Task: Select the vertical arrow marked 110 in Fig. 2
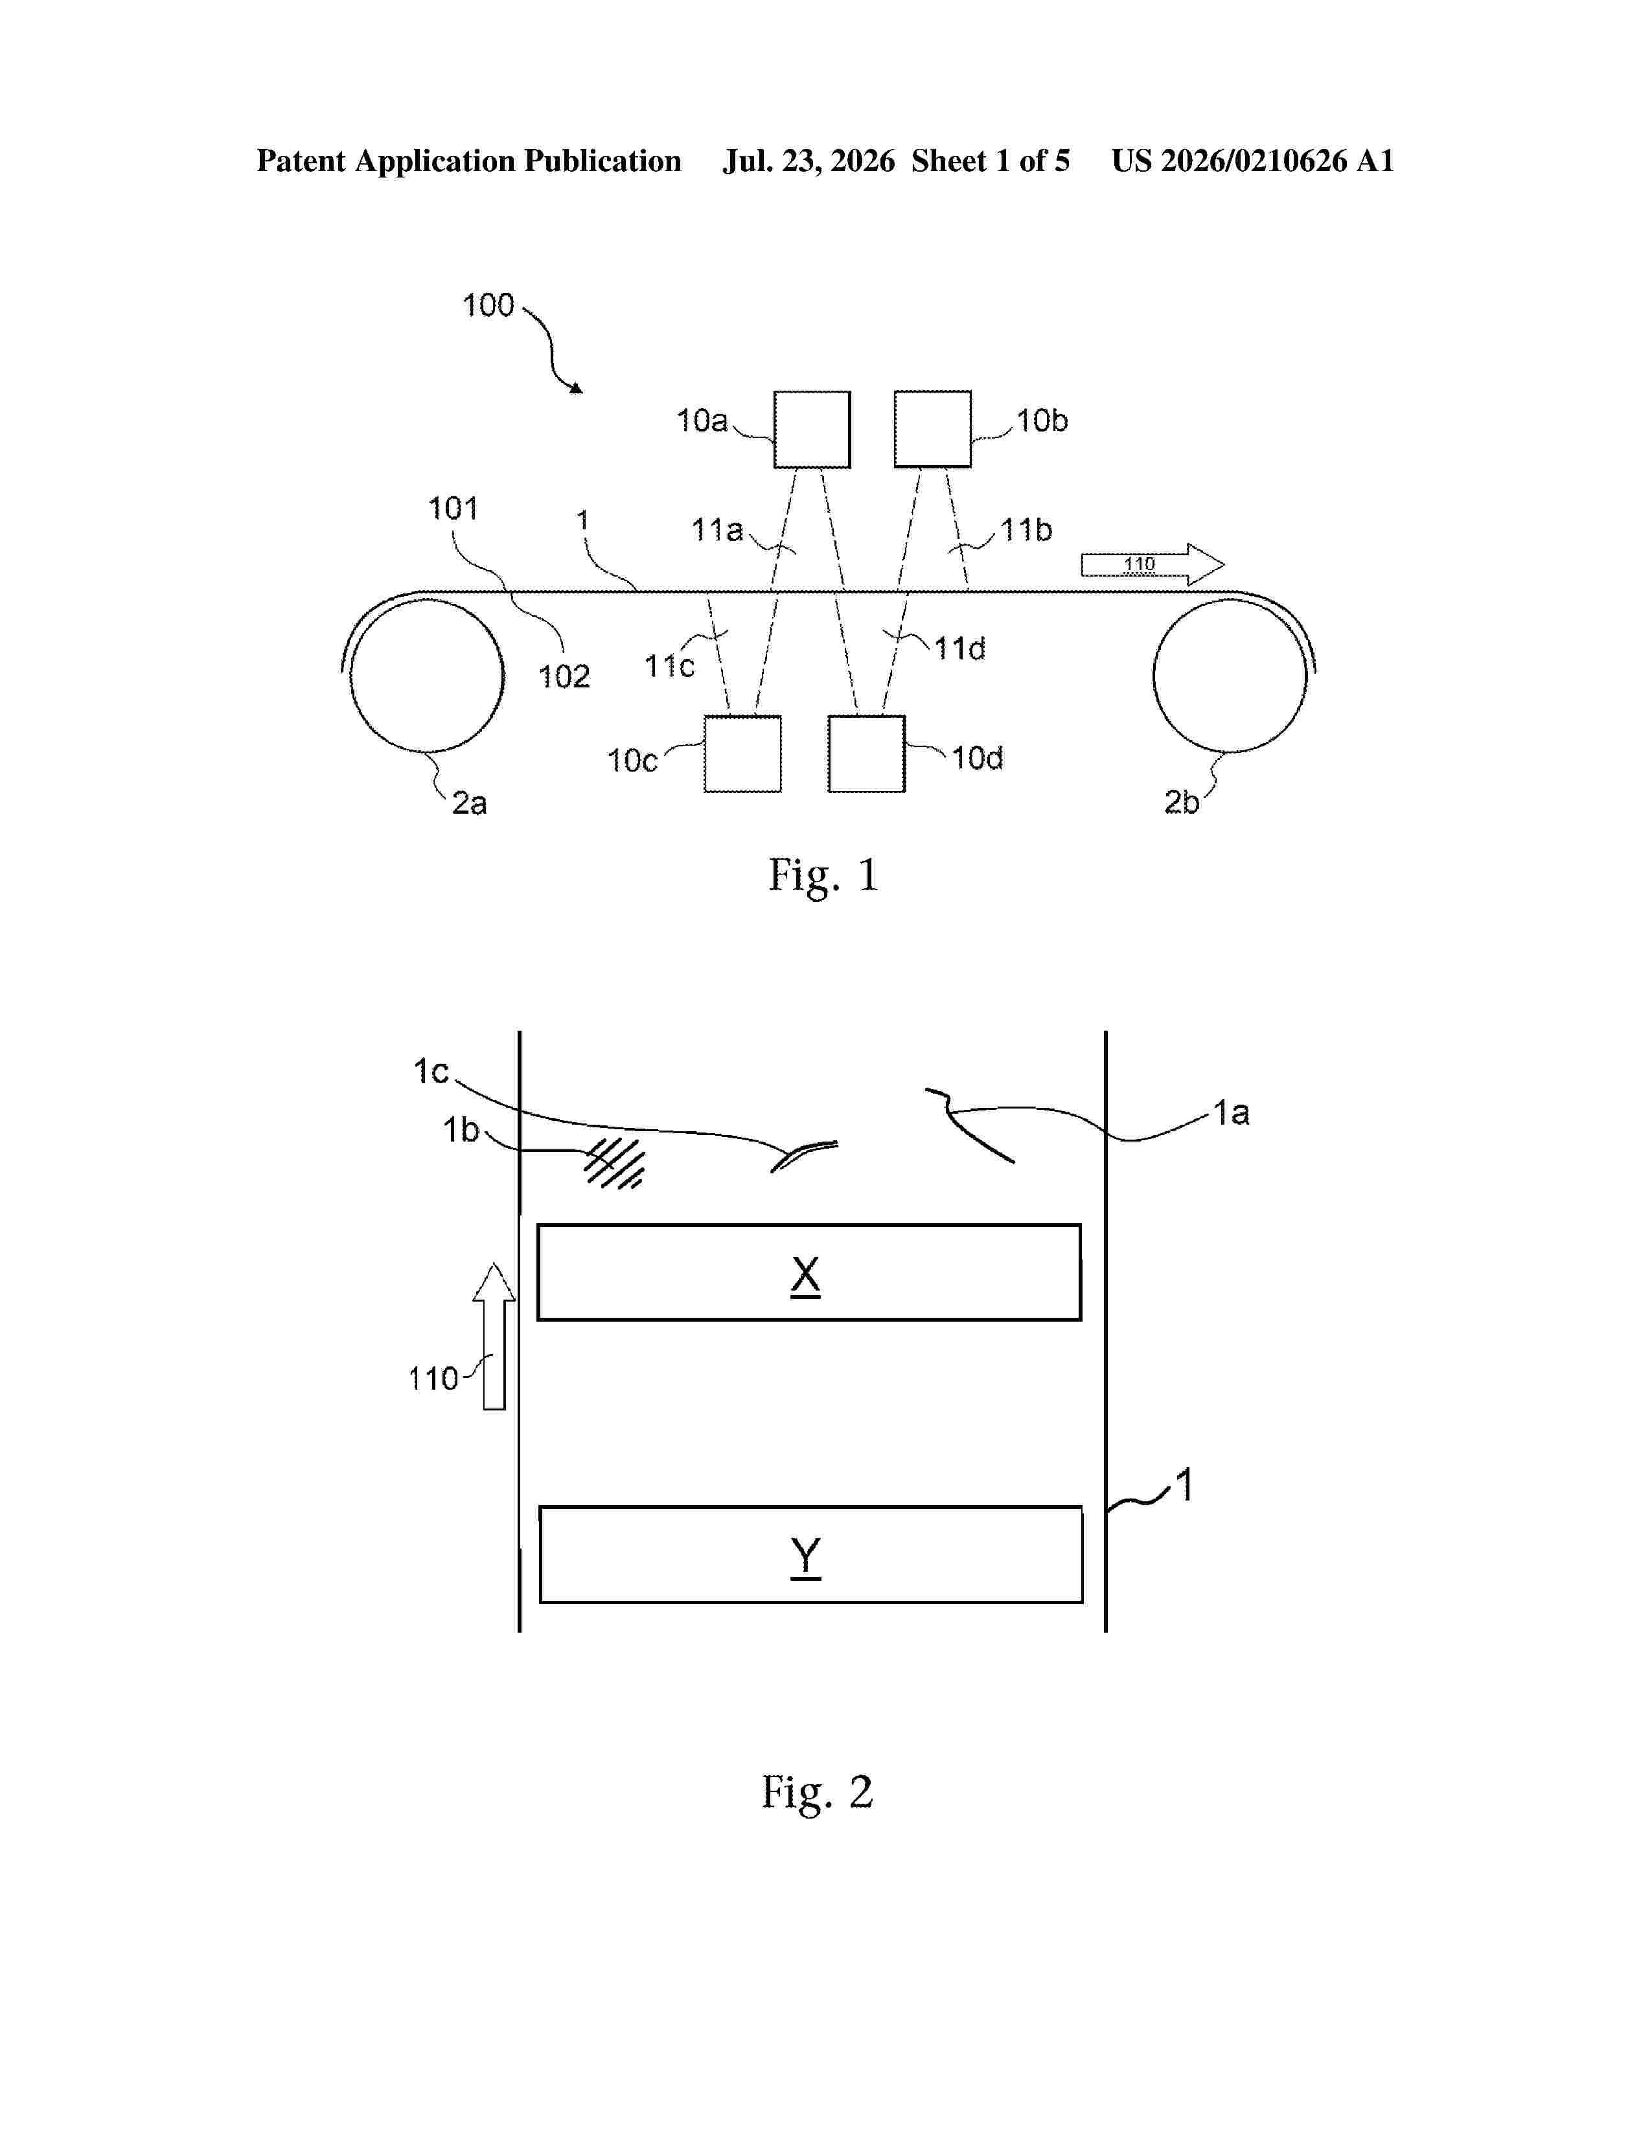[494, 1336]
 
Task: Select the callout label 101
[453, 508]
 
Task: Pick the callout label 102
[564, 676]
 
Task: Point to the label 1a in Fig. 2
[1231, 1113]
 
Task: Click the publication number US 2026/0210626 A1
[1253, 161]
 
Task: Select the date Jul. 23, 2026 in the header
[809, 161]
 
